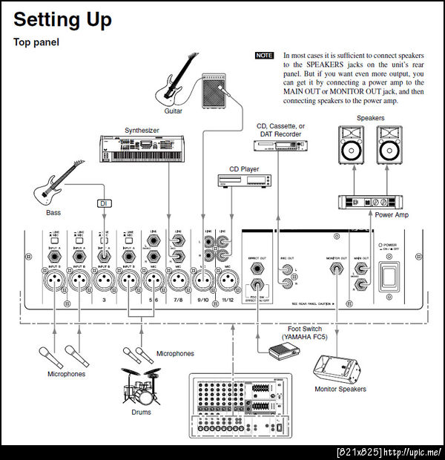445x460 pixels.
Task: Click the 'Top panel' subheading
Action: [x=36, y=42]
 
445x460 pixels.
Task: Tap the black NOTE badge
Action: [x=264, y=56]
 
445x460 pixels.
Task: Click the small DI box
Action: [x=104, y=203]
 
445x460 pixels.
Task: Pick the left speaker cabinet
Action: [x=353, y=145]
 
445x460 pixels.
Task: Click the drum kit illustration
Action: [x=140, y=386]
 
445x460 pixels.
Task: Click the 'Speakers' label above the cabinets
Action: [x=370, y=118]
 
